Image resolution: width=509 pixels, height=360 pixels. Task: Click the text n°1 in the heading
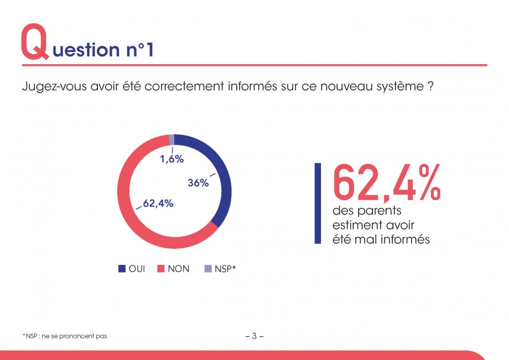pyautogui.click(x=139, y=50)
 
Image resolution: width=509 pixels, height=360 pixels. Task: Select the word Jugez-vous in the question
pyautogui.click(x=54, y=87)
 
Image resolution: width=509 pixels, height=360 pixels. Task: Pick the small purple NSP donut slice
pyautogui.click(x=172, y=140)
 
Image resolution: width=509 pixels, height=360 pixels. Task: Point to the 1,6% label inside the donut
pyautogui.click(x=172, y=159)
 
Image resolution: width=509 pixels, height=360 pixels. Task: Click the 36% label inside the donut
pyautogui.click(x=198, y=183)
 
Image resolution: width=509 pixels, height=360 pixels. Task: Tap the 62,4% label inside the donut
pyautogui.click(x=158, y=204)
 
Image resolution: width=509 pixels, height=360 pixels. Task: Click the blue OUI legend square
pyautogui.click(x=122, y=269)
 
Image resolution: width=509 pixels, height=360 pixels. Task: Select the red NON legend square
pyautogui.click(x=161, y=269)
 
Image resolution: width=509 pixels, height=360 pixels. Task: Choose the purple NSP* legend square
pyautogui.click(x=208, y=269)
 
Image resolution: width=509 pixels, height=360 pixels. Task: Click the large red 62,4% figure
pyautogui.click(x=386, y=183)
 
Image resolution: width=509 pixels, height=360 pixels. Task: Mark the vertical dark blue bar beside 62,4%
pyautogui.click(x=318, y=204)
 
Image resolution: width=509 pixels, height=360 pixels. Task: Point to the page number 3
pyautogui.click(x=254, y=336)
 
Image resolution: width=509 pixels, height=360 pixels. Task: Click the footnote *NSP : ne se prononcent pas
pyautogui.click(x=65, y=336)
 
